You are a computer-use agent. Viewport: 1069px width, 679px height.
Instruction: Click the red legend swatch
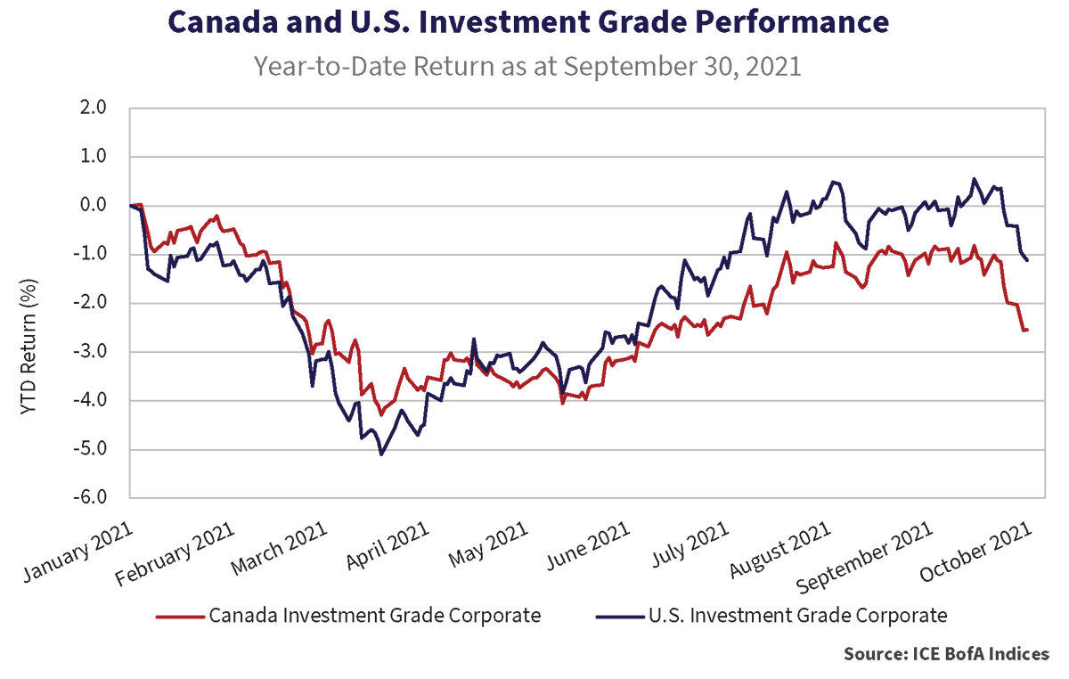click(x=166, y=620)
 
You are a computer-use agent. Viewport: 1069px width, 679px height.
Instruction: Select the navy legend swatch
click(x=608, y=620)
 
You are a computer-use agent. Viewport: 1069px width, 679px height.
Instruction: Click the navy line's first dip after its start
click(x=159, y=278)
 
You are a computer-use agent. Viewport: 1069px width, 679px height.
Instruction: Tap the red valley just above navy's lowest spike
click(x=381, y=412)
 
